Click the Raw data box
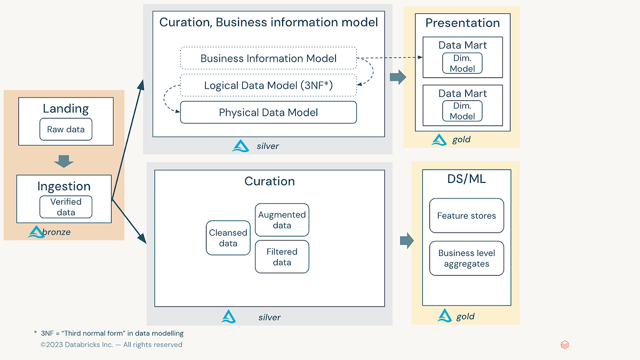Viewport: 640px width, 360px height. (66, 130)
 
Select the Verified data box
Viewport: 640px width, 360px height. (66, 207)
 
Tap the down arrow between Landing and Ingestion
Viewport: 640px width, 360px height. (65, 161)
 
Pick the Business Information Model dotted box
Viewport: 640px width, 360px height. (268, 59)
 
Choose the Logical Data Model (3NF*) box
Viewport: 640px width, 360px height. (268, 85)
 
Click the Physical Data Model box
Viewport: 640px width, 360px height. (268, 113)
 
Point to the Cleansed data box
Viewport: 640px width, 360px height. (228, 238)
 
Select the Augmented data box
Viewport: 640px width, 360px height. (282, 220)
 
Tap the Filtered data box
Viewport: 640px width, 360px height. (282, 257)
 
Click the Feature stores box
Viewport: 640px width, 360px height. (466, 216)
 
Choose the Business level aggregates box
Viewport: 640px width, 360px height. (466, 259)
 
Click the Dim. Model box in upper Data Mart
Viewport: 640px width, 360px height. (462, 63)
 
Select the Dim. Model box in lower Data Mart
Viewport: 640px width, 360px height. (462, 111)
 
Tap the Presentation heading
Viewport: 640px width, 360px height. (462, 23)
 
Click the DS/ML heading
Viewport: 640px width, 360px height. (466, 179)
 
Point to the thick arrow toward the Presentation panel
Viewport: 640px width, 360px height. (398, 77)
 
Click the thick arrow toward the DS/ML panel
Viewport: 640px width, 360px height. (406, 241)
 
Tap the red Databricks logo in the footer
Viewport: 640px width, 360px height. (565, 345)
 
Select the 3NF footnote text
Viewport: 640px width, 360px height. (112, 333)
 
